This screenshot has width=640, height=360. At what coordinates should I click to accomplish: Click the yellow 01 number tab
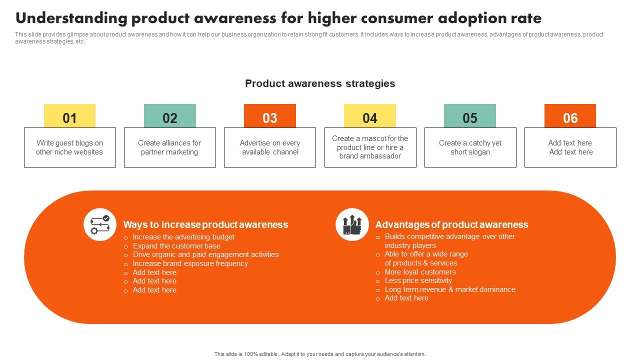click(x=69, y=116)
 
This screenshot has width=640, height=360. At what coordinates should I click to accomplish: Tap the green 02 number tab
click(x=169, y=116)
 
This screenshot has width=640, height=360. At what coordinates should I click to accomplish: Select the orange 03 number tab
click(x=269, y=116)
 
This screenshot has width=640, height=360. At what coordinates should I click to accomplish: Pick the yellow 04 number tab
click(x=369, y=116)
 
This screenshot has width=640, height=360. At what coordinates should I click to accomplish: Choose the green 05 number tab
click(x=469, y=116)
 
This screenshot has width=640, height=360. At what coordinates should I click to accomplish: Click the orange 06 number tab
click(x=570, y=116)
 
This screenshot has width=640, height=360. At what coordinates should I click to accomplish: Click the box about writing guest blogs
click(x=69, y=147)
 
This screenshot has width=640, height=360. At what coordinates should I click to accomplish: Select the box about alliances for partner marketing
click(x=169, y=147)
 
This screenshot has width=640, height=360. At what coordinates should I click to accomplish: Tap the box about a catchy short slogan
click(x=470, y=147)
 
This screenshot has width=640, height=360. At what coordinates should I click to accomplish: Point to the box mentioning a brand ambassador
click(x=370, y=147)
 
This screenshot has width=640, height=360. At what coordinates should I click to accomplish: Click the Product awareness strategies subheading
click(x=320, y=83)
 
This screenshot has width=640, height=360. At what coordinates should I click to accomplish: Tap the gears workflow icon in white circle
click(x=100, y=224)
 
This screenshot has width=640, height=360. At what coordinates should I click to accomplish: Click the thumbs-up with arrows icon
click(x=352, y=224)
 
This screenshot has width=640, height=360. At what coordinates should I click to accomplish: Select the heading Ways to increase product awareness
click(x=205, y=224)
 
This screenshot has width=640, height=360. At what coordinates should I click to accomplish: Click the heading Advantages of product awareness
click(x=451, y=224)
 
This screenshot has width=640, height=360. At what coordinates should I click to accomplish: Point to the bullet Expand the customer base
click(x=176, y=246)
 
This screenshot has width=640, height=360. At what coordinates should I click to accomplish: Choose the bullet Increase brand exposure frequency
click(x=190, y=263)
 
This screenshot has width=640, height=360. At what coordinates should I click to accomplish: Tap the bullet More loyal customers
click(x=420, y=272)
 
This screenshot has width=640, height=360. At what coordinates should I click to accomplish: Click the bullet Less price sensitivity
click(x=418, y=280)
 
